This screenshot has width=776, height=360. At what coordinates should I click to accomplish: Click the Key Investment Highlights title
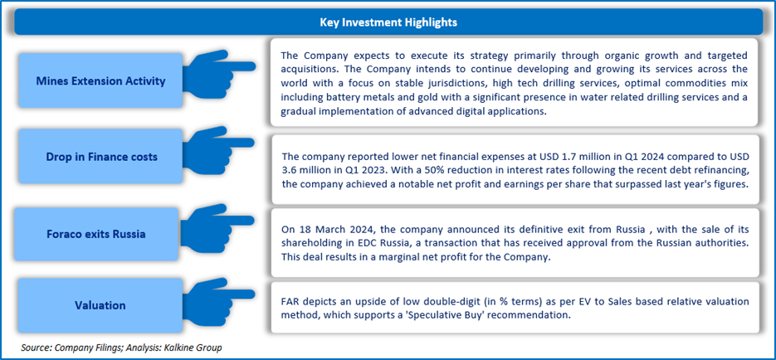pos(388,22)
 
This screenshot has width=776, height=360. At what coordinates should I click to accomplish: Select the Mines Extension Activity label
pos(100,81)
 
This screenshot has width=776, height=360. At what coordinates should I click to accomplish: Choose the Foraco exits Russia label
pos(95,234)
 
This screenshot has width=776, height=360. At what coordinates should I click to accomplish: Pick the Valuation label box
pos(100,305)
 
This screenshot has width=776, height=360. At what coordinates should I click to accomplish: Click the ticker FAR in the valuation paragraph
pos(289,301)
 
